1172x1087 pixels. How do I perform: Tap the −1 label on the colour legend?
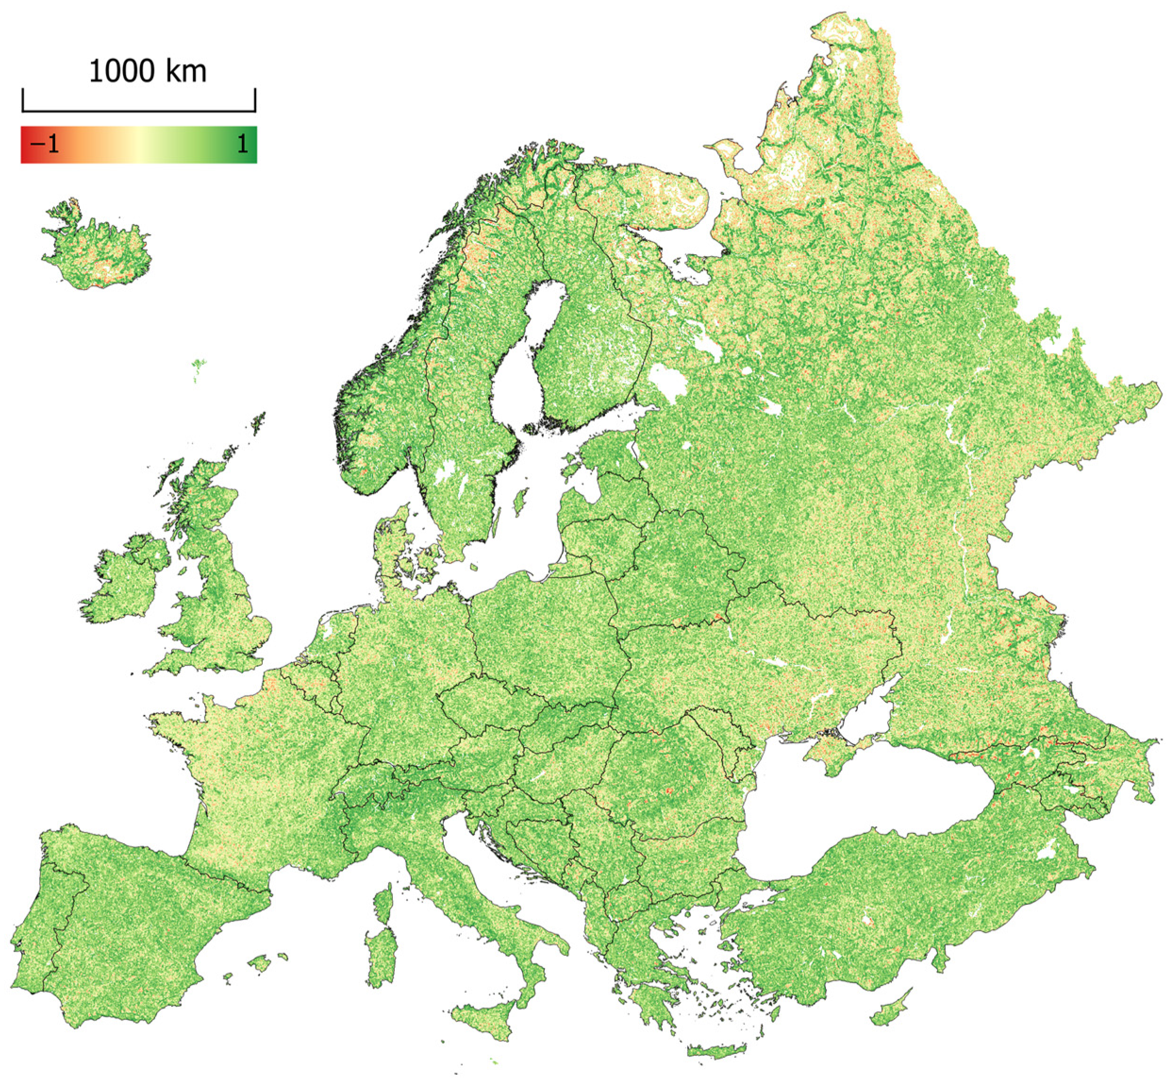click(46, 144)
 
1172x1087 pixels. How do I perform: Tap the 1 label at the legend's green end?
click(242, 144)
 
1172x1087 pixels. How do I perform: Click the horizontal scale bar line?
click(139, 110)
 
